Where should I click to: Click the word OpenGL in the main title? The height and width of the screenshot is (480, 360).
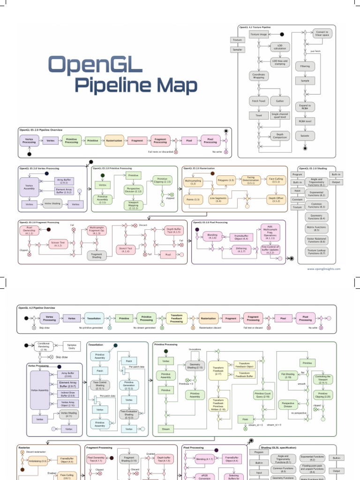(x=96, y=65)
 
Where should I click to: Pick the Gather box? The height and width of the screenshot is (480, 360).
(x=280, y=101)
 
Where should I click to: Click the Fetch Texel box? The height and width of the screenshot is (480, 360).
(x=258, y=101)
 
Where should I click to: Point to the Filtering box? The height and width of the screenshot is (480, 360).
(x=305, y=67)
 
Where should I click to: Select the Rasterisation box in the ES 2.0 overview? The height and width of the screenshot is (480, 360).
(x=115, y=140)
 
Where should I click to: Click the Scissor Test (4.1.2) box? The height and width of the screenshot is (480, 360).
(x=58, y=243)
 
